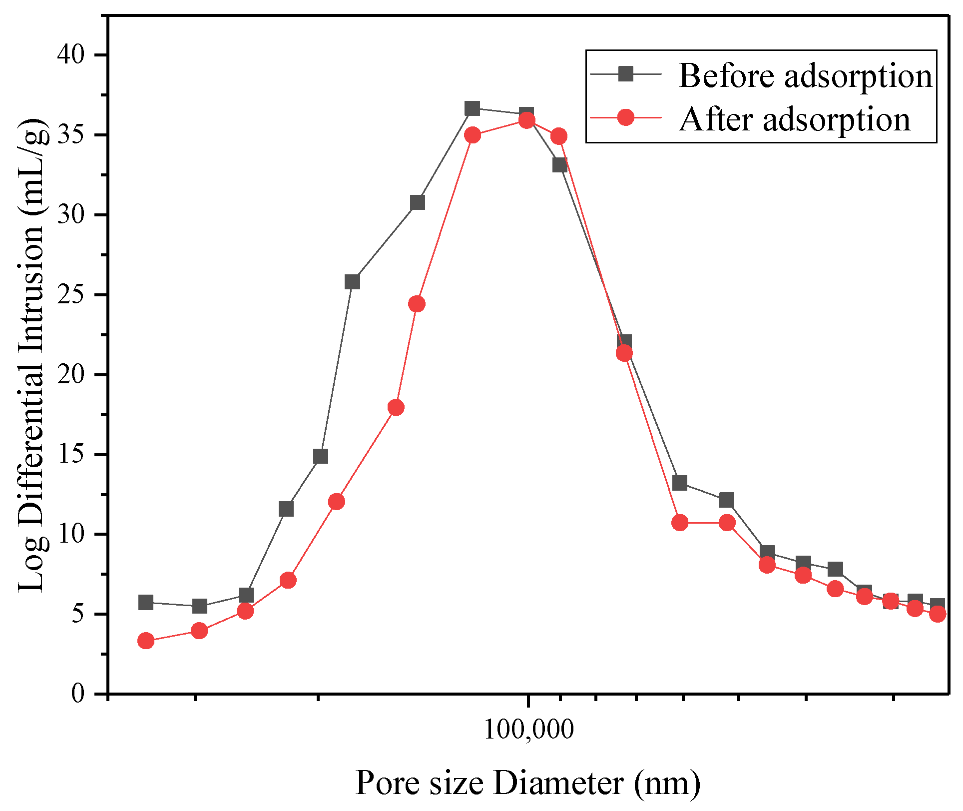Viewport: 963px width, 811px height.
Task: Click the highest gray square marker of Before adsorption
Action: (x=472, y=108)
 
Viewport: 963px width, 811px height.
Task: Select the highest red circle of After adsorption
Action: (x=526, y=120)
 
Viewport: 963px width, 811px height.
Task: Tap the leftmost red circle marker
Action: (x=146, y=641)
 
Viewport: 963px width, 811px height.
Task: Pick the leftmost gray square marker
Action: (x=146, y=602)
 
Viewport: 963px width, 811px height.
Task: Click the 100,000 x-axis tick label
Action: (x=528, y=730)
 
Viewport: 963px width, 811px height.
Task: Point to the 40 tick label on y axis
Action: (x=71, y=54)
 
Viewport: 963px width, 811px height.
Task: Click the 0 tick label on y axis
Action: (x=78, y=694)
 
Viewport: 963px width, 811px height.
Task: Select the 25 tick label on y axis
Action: (x=71, y=295)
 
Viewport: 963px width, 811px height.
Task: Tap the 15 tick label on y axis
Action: (x=71, y=455)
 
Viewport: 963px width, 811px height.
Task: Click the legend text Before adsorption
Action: (x=805, y=76)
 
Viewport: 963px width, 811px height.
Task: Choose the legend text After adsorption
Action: (x=795, y=120)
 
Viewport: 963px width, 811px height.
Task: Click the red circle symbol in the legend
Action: (x=625, y=118)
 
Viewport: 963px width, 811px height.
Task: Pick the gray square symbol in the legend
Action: (x=625, y=74)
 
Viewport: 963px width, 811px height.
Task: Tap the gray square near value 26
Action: (x=352, y=282)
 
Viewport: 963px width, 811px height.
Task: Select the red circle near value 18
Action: (x=396, y=407)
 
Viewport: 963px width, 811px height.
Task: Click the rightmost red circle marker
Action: (x=938, y=614)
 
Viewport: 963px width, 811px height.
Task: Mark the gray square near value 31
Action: (x=417, y=202)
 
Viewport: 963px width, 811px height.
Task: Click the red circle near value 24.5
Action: (x=417, y=304)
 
